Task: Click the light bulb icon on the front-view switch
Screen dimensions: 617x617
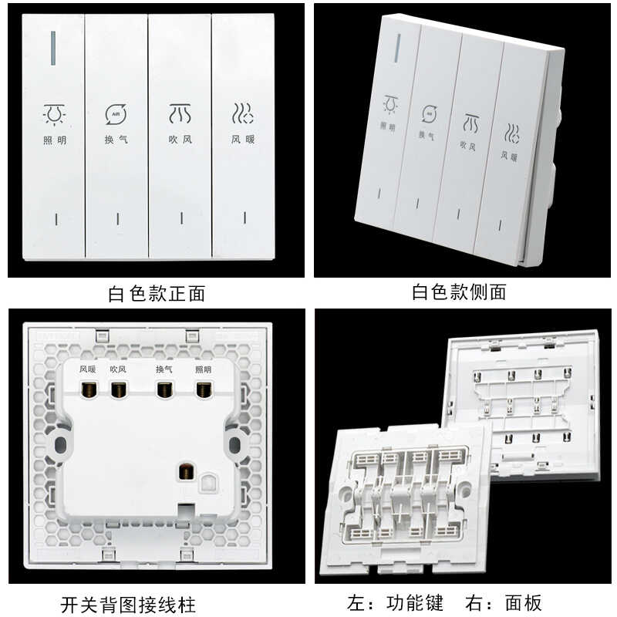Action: (54, 115)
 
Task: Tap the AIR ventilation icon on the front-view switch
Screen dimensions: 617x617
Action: (116, 114)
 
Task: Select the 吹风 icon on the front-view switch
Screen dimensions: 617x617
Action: (180, 113)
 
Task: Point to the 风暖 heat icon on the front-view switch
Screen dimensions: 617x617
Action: (242, 113)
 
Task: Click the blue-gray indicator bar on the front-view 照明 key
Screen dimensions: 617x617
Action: (53, 48)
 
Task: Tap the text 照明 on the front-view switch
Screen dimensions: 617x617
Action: (55, 140)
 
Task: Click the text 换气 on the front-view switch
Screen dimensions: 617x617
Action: (116, 140)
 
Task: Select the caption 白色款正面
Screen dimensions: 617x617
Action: (157, 294)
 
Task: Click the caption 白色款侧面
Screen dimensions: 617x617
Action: (459, 292)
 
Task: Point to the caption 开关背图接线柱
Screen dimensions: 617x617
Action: (128, 605)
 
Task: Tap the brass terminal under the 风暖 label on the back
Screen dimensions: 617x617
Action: (87, 389)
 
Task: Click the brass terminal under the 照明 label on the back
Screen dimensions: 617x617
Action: (204, 389)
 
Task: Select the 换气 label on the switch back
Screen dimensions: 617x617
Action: (164, 369)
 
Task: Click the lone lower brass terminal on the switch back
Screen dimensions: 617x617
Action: (187, 471)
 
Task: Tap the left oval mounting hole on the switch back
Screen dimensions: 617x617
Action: (60, 445)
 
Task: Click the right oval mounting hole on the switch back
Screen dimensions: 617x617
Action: (234, 445)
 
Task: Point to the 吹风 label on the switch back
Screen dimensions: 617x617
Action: (118, 369)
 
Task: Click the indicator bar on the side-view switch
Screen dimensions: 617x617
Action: (398, 48)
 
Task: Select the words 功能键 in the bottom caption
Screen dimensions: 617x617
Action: (414, 603)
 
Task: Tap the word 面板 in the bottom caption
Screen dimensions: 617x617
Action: (524, 603)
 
